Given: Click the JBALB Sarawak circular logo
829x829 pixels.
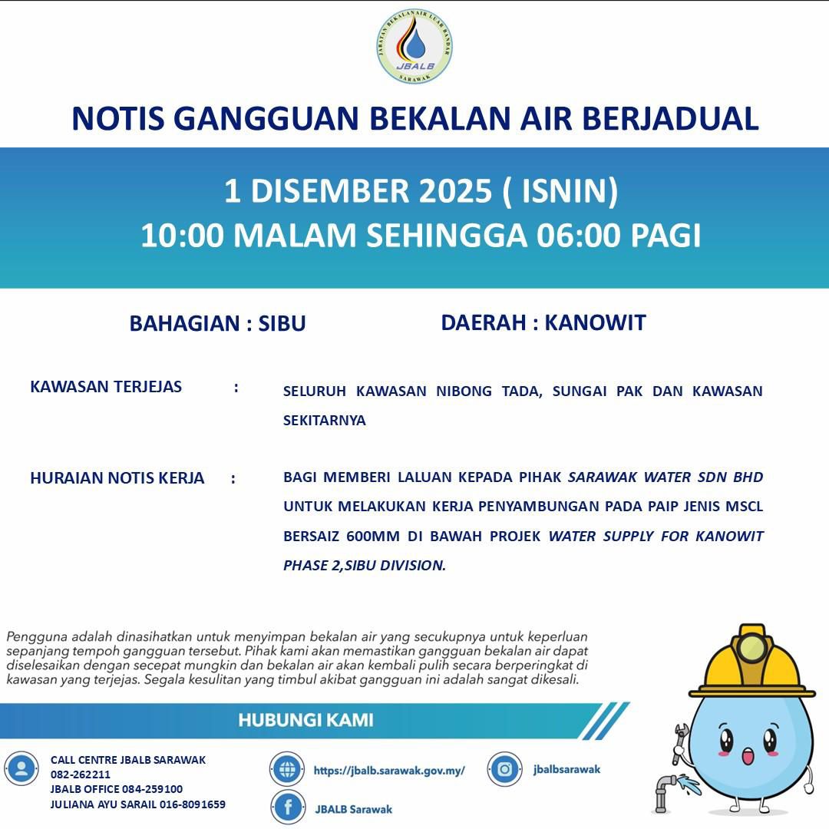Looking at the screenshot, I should (x=414, y=47).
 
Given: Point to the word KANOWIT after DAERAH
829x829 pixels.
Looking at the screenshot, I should (x=595, y=322).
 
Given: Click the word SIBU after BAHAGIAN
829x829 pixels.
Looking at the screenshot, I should (x=282, y=323).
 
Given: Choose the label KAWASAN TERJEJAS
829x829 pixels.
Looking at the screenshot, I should (x=106, y=386).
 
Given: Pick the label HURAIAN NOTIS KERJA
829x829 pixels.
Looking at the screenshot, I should (x=117, y=478).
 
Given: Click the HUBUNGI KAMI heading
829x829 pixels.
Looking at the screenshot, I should (x=306, y=720).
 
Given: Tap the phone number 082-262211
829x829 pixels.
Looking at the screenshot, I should (x=81, y=775).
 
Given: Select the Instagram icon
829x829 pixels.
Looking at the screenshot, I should (x=506, y=769).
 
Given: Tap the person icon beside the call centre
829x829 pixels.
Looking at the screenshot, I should (x=21, y=769).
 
